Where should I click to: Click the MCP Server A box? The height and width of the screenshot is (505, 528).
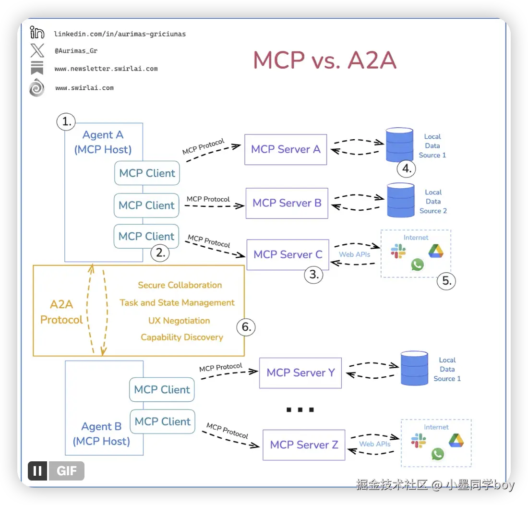point(286,149)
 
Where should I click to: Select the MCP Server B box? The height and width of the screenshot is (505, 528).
point(287,204)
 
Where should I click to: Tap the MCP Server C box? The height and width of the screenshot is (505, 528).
point(288,254)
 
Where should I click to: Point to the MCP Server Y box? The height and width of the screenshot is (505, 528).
point(300,373)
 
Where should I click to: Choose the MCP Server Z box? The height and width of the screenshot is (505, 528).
point(304,445)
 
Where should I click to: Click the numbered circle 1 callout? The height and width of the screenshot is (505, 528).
point(66,121)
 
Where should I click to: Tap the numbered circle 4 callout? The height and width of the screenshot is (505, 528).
point(407,168)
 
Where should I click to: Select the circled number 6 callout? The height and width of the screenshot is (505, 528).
point(246,327)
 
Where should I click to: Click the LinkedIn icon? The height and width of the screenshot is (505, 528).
point(36,32)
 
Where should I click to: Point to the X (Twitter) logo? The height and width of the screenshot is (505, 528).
point(37,50)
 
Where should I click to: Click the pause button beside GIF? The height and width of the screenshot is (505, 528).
point(37,470)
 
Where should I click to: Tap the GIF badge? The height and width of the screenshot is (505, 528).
point(67,470)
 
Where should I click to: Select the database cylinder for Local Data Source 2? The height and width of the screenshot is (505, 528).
point(401,200)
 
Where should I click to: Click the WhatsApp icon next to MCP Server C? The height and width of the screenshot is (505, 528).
point(418,265)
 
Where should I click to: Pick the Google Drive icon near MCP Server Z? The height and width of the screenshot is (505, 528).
point(456,440)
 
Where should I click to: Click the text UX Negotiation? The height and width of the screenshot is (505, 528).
point(179,321)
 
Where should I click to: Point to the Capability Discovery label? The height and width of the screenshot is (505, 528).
point(182,337)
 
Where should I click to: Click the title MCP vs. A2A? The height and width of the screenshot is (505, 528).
point(324,60)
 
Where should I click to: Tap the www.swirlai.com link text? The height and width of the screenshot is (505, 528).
point(84,88)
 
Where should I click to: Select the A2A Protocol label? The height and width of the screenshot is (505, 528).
point(61,312)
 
